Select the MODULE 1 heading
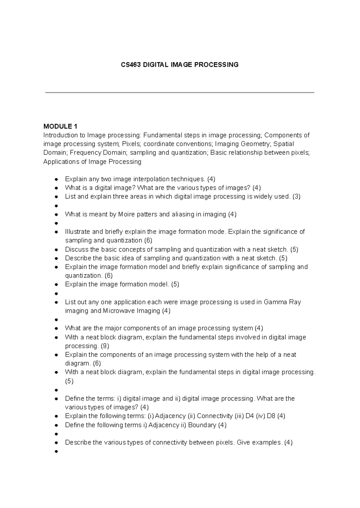tap(60, 126)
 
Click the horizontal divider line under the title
tap(179, 93)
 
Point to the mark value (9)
tap(105, 346)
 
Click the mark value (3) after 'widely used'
tap(296, 197)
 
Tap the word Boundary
tap(202, 425)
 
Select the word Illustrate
tap(77, 232)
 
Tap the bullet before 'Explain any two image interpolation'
tap(56, 180)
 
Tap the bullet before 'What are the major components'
tap(56, 329)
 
